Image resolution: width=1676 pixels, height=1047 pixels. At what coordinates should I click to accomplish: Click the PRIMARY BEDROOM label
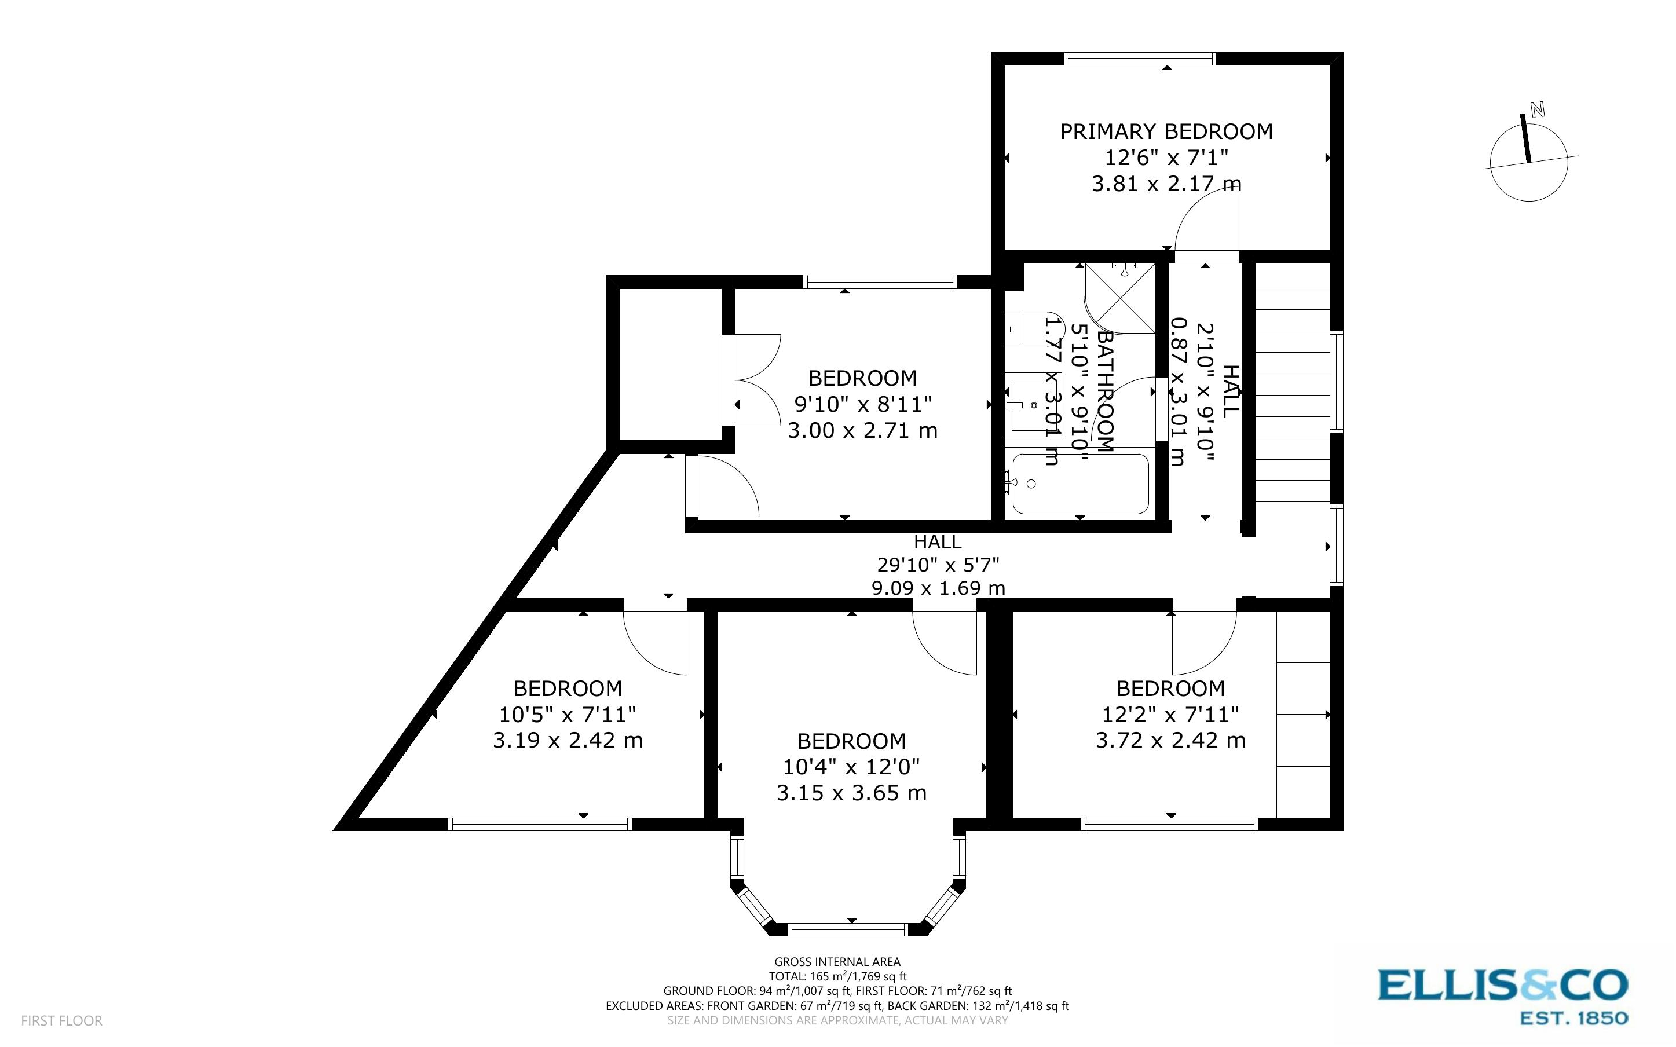coord(1166,131)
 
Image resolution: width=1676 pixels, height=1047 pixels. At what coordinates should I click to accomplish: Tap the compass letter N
coord(1538,109)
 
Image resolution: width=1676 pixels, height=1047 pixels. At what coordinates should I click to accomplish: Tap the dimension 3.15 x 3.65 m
coord(851,793)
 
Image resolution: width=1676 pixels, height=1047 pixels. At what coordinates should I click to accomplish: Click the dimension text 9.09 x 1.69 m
coord(938,588)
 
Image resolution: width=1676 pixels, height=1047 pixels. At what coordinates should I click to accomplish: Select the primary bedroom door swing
coord(1205,222)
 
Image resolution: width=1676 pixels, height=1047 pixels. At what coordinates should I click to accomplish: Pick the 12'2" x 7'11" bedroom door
coord(1203,640)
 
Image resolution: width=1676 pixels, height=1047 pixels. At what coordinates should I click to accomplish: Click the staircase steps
coord(1292,395)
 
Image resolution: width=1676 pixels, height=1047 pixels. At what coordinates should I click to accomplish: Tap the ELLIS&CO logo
coord(1502,984)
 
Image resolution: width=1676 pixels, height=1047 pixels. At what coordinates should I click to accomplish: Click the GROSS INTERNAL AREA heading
coord(837,961)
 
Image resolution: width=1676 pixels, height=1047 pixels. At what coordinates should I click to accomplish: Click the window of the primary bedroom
coord(1140,59)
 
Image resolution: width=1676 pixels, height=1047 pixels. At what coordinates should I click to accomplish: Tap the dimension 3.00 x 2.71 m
coord(862,431)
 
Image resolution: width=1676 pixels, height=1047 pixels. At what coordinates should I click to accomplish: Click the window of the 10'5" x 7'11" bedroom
coord(540,824)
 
